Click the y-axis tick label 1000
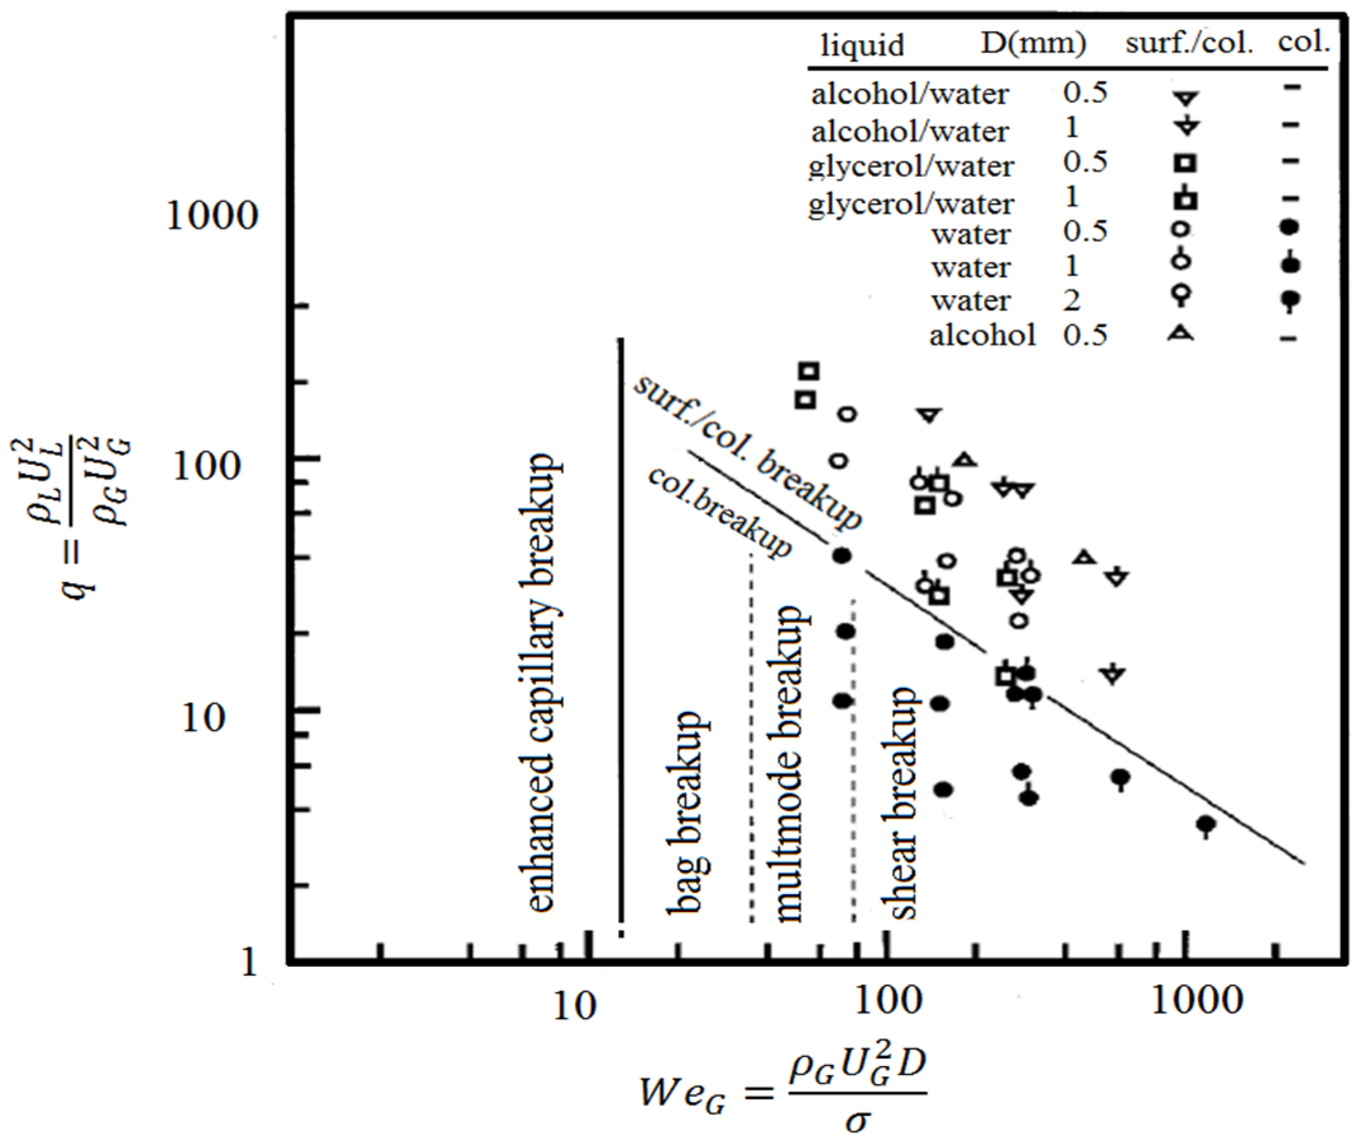pyautogui.click(x=212, y=215)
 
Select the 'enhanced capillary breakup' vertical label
pyautogui.click(x=542, y=683)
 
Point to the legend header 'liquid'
pyautogui.click(x=862, y=45)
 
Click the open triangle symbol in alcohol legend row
pyautogui.click(x=1180, y=334)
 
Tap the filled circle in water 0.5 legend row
pyautogui.click(x=1289, y=227)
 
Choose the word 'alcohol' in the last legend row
pyautogui.click(x=982, y=335)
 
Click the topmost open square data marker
pyautogui.click(x=809, y=371)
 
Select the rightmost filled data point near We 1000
pyautogui.click(x=1205, y=824)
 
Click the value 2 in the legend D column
pyautogui.click(x=1072, y=301)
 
